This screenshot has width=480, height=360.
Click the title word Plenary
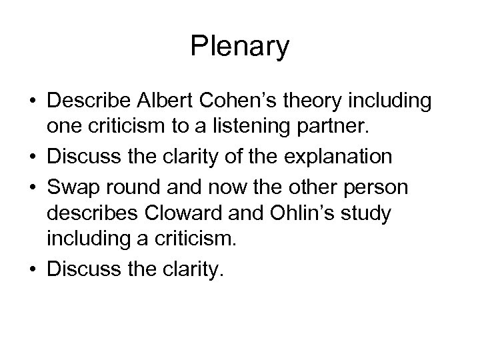[240, 47]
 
